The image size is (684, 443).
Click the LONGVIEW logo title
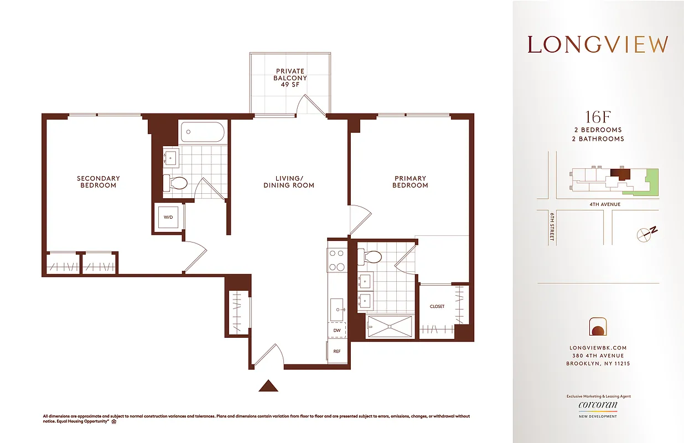(x=598, y=45)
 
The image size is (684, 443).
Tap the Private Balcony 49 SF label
(x=290, y=78)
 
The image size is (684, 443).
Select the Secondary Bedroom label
(x=99, y=182)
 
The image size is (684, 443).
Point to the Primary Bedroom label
(x=410, y=182)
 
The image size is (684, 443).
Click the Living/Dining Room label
(x=288, y=182)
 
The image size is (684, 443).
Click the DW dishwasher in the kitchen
(x=336, y=330)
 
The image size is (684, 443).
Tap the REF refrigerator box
(x=336, y=352)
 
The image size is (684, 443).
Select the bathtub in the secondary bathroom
(x=202, y=133)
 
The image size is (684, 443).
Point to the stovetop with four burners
(x=336, y=260)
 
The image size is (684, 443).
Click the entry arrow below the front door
(x=268, y=385)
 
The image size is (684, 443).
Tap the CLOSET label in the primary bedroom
(x=437, y=306)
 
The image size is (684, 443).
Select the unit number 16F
(x=598, y=117)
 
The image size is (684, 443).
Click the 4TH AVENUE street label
(x=605, y=204)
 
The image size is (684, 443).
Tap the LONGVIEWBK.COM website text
(x=598, y=348)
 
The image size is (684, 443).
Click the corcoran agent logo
(x=598, y=405)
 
